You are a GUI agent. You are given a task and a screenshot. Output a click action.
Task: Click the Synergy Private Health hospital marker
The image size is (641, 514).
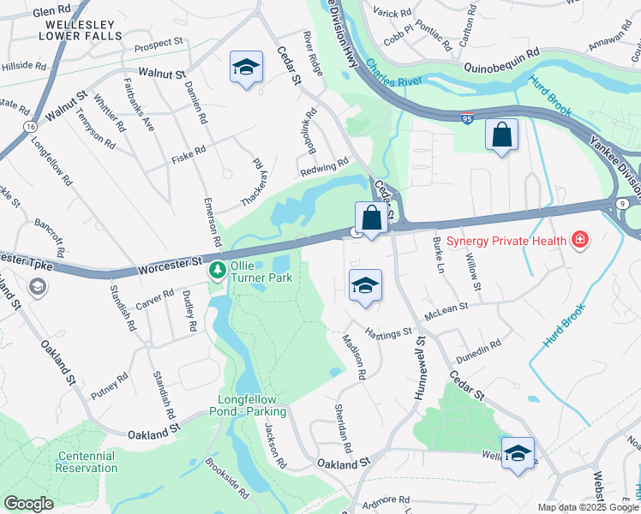click(580, 240)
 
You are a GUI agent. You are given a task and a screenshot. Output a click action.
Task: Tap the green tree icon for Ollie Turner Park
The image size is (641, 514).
click(218, 272)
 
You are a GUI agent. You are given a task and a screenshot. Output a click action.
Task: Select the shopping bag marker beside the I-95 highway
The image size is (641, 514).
click(501, 135)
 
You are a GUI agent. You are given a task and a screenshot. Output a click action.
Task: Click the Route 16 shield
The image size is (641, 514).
click(30, 126)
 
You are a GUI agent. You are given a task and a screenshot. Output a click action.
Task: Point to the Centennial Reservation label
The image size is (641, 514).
click(87, 462)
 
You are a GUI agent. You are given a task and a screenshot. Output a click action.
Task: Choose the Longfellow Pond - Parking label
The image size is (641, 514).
click(249, 406)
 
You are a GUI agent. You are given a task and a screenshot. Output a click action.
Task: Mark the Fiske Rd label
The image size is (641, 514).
click(189, 152)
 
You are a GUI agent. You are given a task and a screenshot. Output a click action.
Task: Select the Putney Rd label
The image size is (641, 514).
click(111, 382)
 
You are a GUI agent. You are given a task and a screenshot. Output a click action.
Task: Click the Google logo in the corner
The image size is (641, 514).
click(29, 504)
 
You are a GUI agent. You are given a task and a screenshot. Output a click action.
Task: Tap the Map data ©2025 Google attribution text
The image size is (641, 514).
click(587, 507)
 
